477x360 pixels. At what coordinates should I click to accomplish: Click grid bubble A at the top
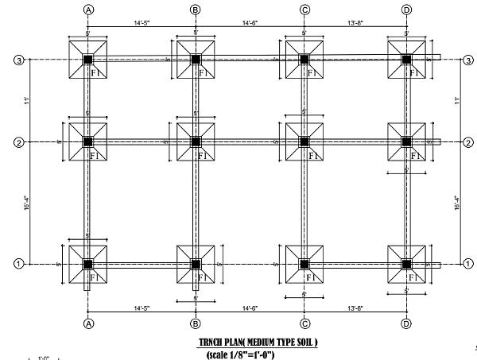(88, 10)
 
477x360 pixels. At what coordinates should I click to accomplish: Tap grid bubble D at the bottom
(406, 323)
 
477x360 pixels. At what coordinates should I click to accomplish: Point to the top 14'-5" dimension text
(142, 23)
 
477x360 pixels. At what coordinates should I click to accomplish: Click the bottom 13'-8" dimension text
(355, 308)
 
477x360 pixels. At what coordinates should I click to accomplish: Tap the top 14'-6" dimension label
(250, 23)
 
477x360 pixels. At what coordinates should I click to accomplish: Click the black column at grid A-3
(88, 60)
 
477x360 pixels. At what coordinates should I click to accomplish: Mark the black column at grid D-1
(406, 264)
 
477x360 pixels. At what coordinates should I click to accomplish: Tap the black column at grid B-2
(196, 142)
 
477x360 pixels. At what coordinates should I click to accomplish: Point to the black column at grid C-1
(304, 264)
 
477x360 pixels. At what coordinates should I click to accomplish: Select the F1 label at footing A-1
(95, 277)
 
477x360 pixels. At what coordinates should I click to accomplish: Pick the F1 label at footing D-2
(413, 156)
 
